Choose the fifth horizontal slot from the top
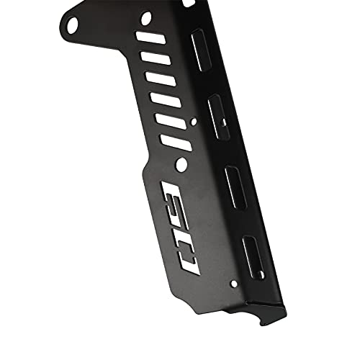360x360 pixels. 170,118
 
